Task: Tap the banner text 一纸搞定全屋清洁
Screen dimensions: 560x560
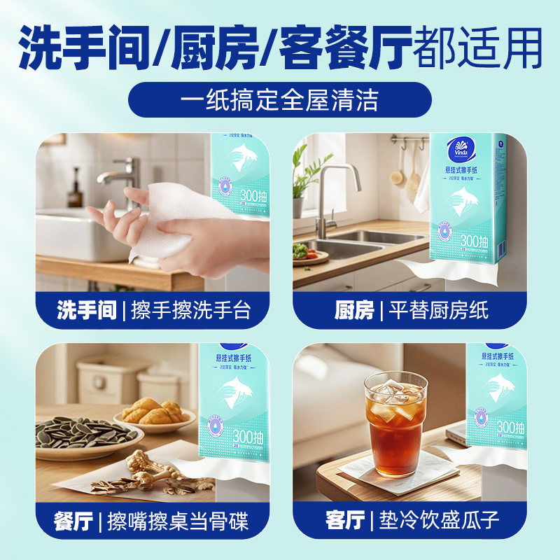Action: point(280,99)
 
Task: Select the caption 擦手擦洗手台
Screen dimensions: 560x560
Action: point(190,310)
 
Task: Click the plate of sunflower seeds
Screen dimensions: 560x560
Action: point(84,434)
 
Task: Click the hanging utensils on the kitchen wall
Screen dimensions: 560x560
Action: point(409,168)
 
